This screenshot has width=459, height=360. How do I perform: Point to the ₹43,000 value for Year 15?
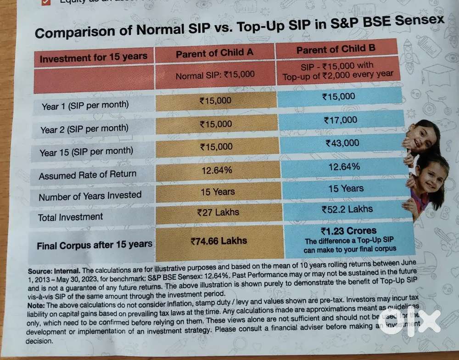pos(342,143)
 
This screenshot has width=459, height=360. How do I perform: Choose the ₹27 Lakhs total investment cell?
pos(218,213)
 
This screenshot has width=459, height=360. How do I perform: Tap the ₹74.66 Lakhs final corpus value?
pos(218,240)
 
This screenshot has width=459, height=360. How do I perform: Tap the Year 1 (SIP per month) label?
pos(85,106)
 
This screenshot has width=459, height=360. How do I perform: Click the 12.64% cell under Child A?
pos(217,170)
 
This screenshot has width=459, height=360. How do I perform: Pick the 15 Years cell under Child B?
pos(346,188)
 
